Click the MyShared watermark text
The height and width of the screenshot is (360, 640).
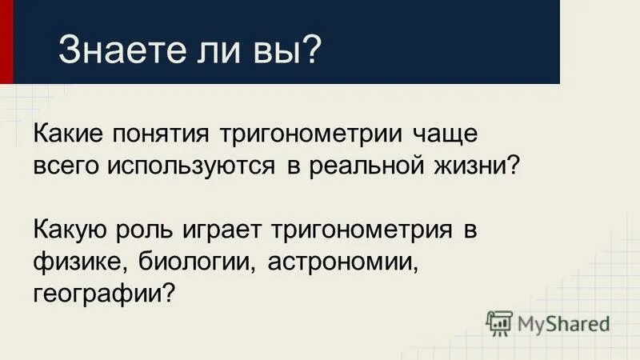point(563,323)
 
